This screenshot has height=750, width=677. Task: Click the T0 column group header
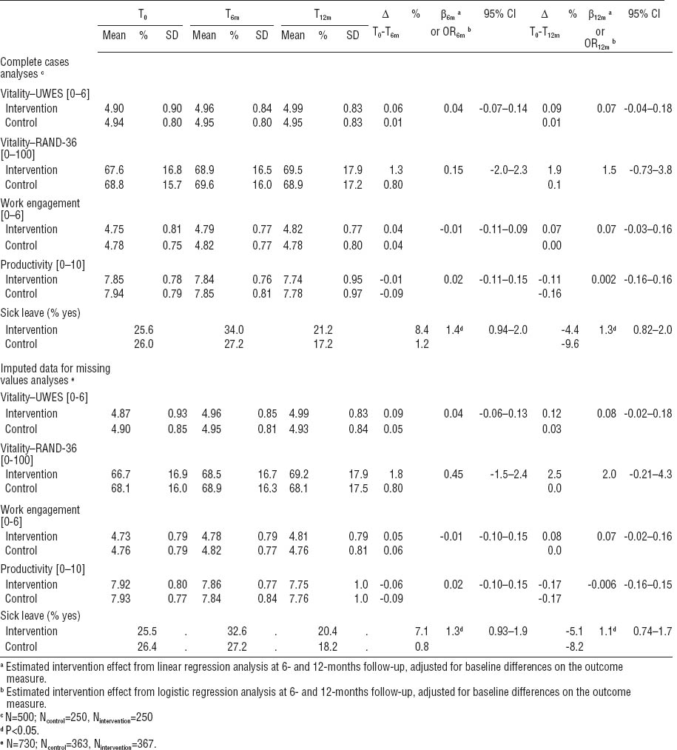144,15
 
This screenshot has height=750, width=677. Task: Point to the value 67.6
113,170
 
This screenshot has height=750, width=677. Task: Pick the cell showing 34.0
235,329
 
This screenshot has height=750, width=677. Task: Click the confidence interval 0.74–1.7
648,631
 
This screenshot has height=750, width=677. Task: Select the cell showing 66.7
113,474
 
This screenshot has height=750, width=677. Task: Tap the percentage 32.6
235,631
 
